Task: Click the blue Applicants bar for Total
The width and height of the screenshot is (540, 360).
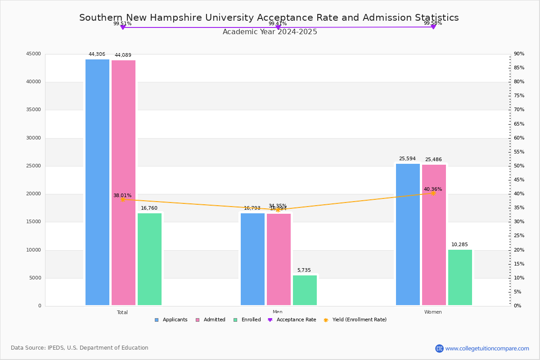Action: point(97,182)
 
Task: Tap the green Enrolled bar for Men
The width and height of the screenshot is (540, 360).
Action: point(305,290)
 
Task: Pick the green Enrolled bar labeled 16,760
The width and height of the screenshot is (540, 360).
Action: point(149,259)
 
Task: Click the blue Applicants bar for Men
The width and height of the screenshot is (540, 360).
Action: point(252,259)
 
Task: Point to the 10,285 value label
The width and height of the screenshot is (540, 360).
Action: point(459,245)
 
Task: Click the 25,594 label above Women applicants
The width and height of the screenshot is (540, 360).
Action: point(407,159)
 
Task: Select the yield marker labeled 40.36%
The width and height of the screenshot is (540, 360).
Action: point(433,193)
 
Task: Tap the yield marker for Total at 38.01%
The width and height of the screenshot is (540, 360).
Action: point(122,199)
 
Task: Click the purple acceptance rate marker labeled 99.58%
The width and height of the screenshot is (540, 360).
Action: point(433,27)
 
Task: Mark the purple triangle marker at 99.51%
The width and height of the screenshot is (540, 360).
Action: point(122,27)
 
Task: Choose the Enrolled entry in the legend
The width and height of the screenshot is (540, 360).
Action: point(247,320)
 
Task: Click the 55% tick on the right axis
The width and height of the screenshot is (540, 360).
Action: point(519,152)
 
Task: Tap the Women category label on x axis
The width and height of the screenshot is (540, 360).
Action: point(433,312)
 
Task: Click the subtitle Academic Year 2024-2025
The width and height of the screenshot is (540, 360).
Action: point(270,32)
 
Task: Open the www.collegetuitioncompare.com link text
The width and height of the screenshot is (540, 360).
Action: point(487,348)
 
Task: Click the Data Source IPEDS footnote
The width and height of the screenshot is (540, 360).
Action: point(80,348)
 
